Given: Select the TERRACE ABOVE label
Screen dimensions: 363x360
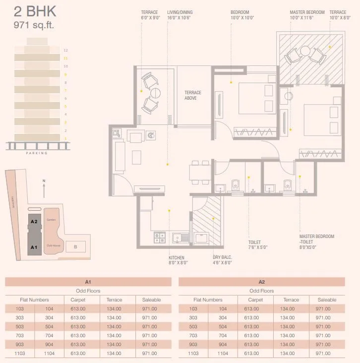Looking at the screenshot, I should (x=193, y=95).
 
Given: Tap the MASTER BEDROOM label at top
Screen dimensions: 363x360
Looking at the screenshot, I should (x=307, y=12).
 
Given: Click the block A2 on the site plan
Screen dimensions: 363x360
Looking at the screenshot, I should (x=34, y=222).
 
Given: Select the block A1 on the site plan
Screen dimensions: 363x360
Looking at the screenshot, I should (x=34, y=246).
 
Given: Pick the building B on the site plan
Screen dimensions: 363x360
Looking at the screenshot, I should (x=75, y=246).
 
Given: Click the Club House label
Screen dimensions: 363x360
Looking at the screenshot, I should (x=53, y=245).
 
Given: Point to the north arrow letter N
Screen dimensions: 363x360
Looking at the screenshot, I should (x=44, y=181).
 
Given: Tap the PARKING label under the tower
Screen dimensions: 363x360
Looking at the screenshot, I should (x=37, y=153).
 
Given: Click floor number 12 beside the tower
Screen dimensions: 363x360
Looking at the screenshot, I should (x=65, y=50).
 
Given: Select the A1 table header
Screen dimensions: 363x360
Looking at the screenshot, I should (x=88, y=282).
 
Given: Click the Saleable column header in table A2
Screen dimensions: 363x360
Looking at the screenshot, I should (x=326, y=300).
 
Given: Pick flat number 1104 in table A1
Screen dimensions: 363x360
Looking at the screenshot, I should (x=49, y=353).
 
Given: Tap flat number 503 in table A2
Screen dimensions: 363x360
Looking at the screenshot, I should (x=193, y=326).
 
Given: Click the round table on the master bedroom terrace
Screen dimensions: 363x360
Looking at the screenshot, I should (x=304, y=52).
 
